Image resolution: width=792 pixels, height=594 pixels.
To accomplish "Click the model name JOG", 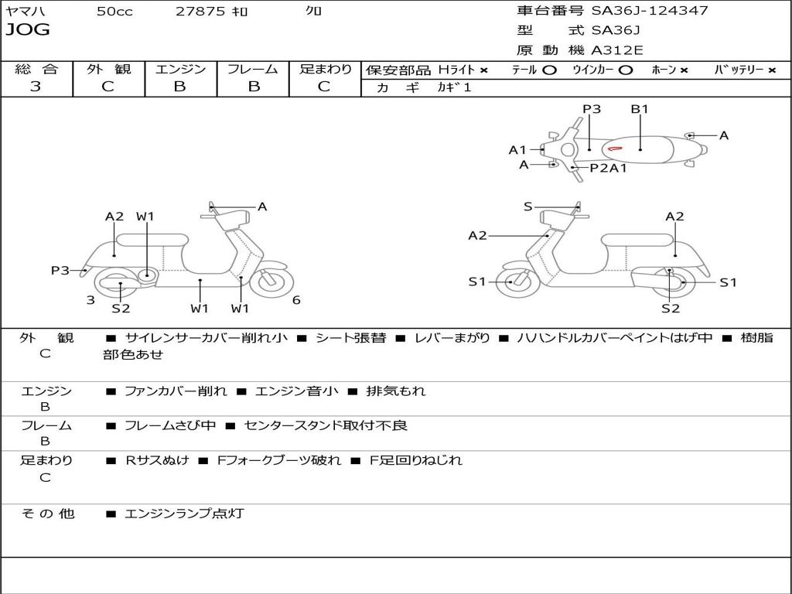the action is click(x=28, y=30).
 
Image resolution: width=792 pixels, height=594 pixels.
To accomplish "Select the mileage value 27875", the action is click(x=200, y=12).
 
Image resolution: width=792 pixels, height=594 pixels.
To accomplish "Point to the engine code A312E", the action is click(x=616, y=50).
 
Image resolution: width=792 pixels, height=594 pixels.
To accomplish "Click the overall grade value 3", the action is click(x=36, y=87).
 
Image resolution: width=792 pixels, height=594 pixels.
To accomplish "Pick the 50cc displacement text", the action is click(x=114, y=12).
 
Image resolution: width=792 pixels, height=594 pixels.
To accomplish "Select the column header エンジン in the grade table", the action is click(x=180, y=69).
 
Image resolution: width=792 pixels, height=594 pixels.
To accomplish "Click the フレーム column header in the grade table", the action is click(x=252, y=69).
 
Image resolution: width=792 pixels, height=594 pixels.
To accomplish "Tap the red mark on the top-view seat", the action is click(x=615, y=148).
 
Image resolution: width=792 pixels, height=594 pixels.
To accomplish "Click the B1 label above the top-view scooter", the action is click(x=640, y=109).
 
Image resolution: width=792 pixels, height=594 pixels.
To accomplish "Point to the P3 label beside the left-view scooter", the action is click(x=60, y=271).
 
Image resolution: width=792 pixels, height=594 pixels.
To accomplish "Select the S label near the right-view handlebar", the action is click(x=528, y=207).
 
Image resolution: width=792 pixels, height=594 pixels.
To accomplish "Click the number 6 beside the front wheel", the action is click(x=296, y=300).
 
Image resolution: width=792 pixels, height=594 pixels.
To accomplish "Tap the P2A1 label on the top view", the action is click(x=609, y=168).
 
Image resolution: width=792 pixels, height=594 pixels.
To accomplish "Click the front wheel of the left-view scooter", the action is click(x=272, y=282).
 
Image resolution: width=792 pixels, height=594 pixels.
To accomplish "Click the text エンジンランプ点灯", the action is click(x=184, y=513).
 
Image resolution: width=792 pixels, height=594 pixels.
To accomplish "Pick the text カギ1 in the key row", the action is click(x=454, y=87).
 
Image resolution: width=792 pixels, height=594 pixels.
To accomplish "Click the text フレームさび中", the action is click(x=170, y=425).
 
